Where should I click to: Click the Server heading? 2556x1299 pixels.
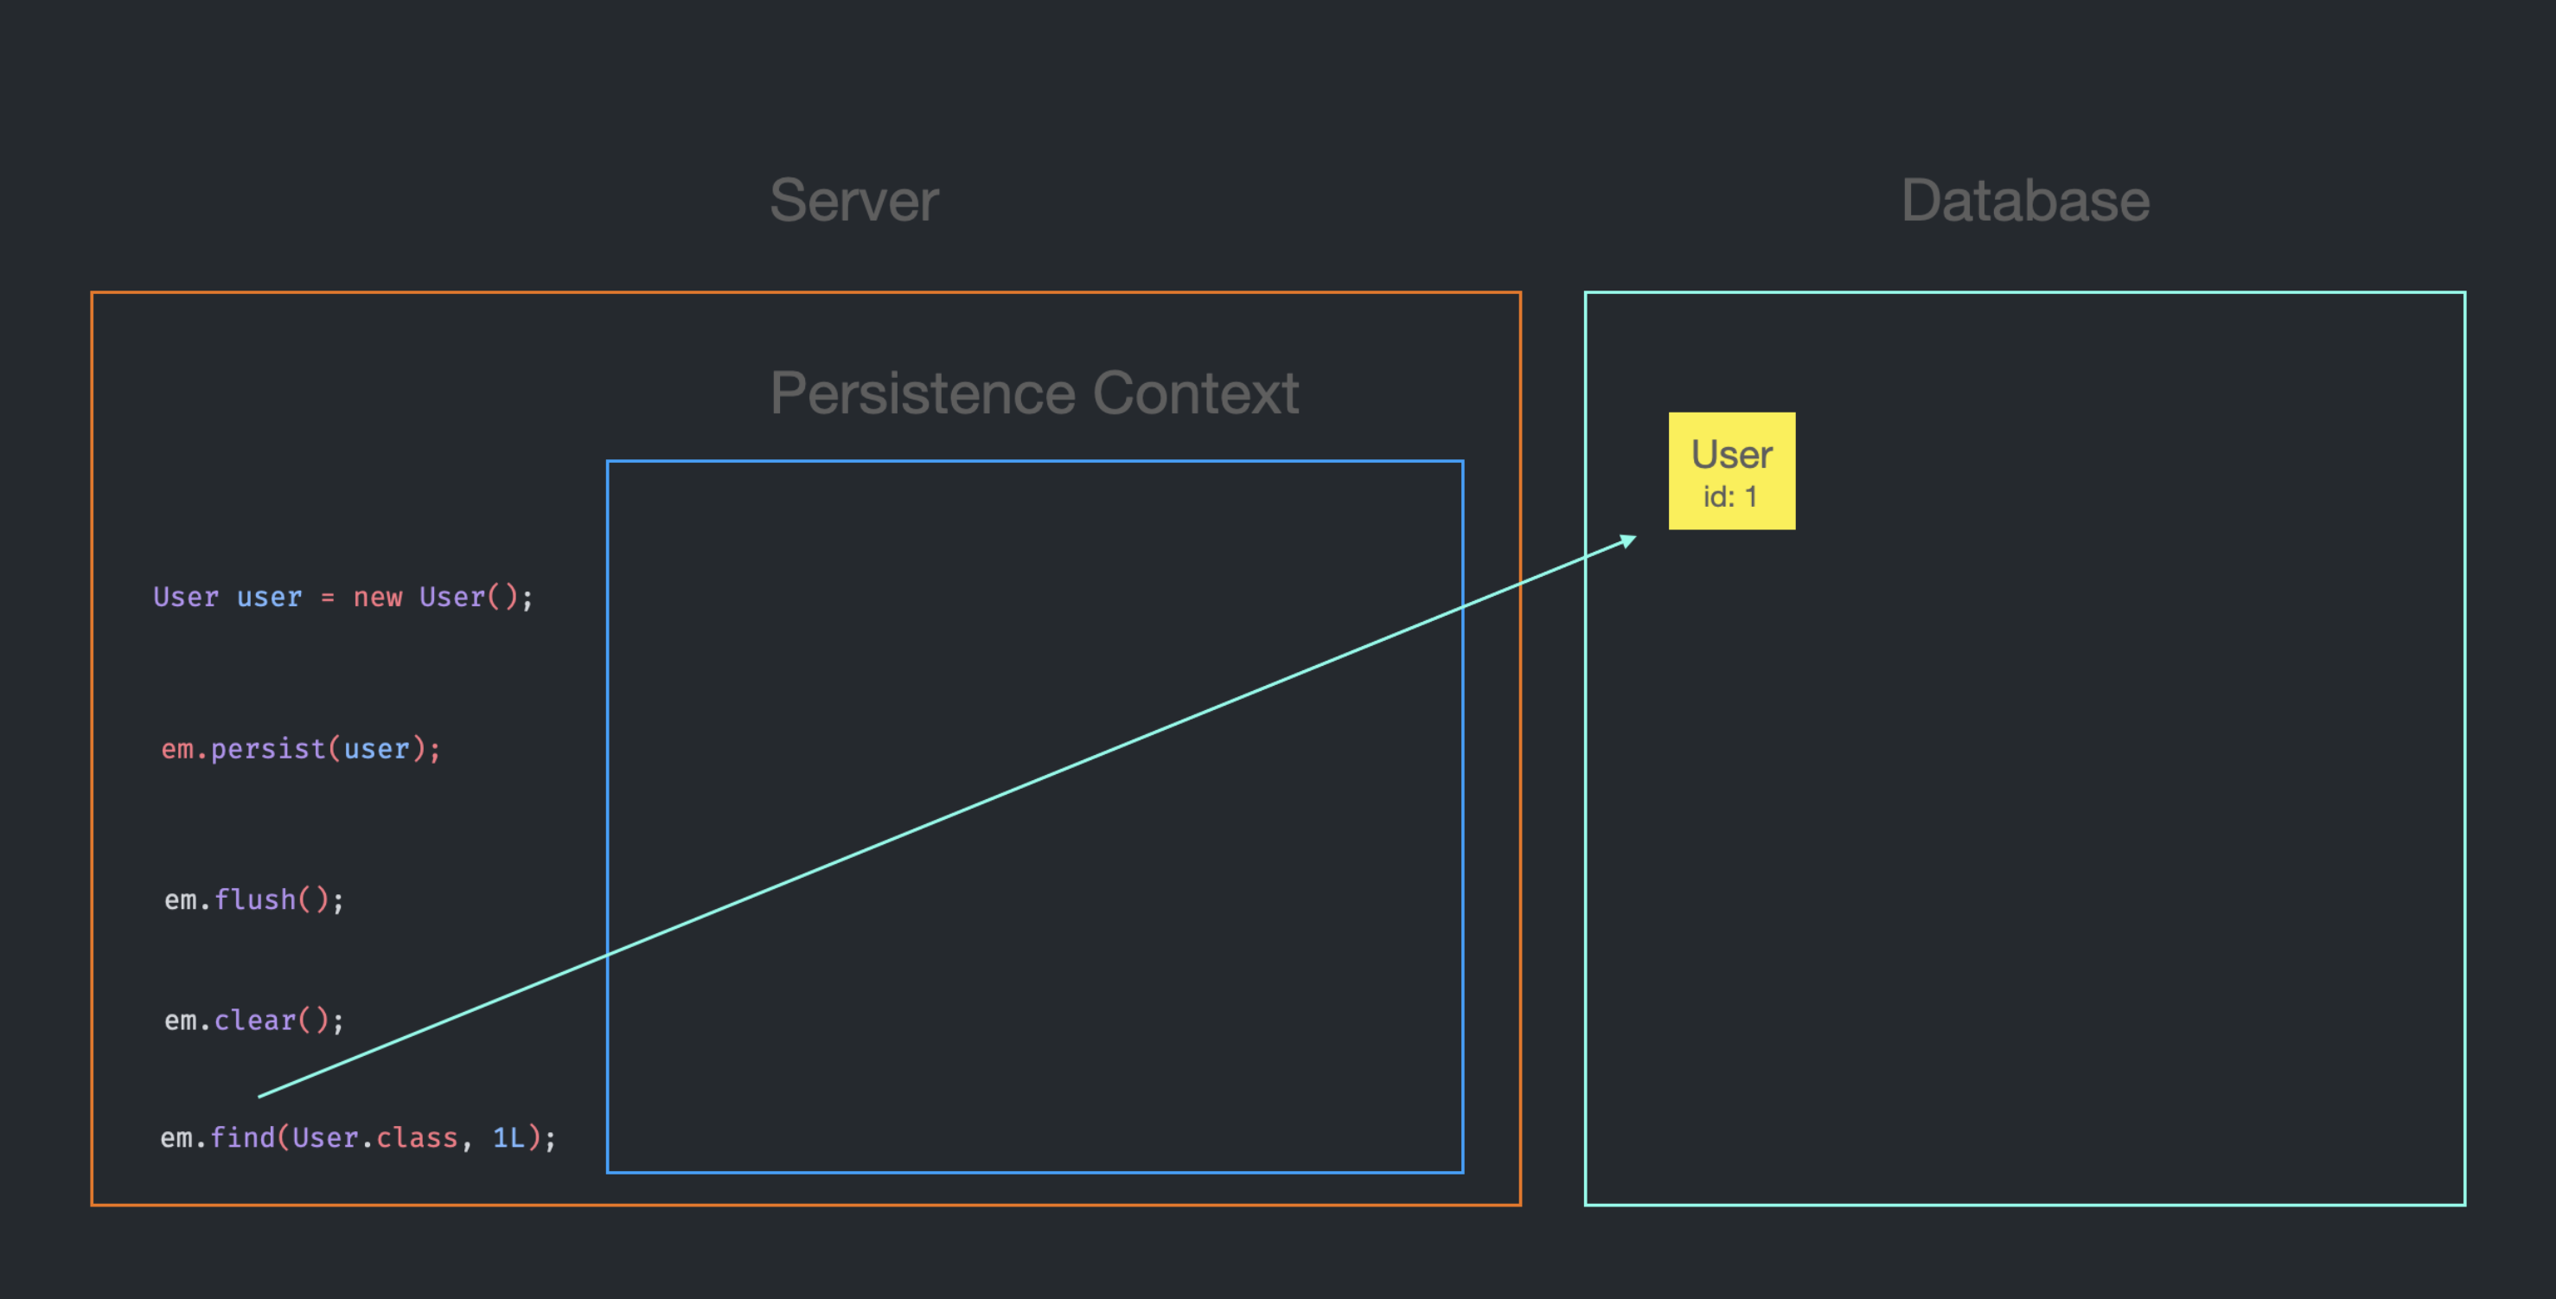click(853, 201)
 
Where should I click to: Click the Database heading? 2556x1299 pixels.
click(2024, 201)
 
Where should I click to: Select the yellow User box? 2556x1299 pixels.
click(1731, 470)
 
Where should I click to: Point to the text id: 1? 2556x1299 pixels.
click(1729, 496)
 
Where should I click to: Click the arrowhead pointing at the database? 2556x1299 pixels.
click(1628, 541)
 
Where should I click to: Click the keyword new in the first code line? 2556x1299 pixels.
click(378, 598)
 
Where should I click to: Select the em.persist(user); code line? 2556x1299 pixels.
click(301, 748)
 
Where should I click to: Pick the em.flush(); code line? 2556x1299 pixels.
click(254, 900)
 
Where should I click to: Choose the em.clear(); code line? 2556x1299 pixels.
click(254, 1021)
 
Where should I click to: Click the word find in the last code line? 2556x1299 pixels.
click(242, 1137)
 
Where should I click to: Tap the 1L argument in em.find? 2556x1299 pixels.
click(509, 1137)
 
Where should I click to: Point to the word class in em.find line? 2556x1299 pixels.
click(417, 1137)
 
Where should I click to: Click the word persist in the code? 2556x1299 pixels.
click(268, 748)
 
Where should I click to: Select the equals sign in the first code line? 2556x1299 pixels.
click(328, 598)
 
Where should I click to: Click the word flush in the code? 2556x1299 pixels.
click(255, 900)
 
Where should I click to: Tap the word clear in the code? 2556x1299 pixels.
click(255, 1021)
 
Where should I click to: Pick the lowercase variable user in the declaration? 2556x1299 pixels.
click(269, 598)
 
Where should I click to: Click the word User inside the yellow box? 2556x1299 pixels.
click(1731, 455)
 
